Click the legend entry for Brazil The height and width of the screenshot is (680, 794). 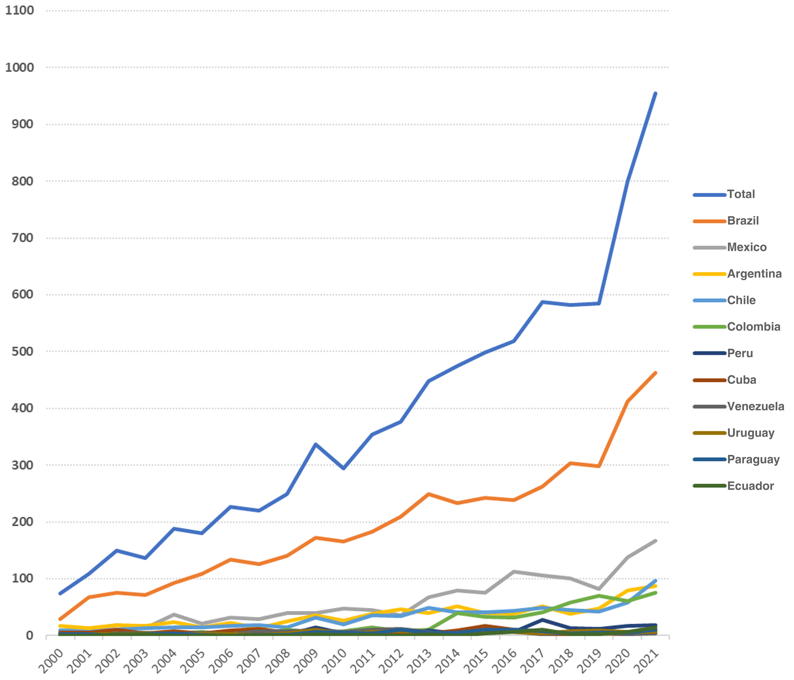(743, 221)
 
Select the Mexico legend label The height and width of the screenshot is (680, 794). (746, 247)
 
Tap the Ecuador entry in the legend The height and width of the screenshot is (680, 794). (750, 486)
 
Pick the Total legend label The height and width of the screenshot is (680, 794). (741, 194)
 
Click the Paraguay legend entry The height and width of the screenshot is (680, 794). (753, 459)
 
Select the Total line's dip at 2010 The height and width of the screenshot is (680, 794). (344, 468)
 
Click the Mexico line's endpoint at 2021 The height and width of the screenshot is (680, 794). (655, 541)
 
